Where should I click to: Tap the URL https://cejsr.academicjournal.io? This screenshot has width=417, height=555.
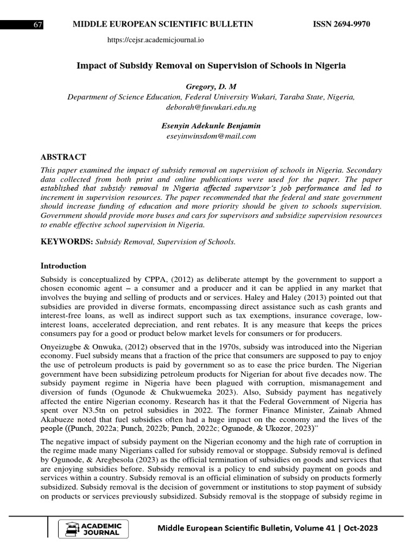156,40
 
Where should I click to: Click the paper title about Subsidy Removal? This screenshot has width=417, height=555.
211,66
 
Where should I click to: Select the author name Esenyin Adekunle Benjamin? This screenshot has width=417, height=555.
211,126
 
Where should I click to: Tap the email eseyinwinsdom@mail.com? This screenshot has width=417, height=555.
211,136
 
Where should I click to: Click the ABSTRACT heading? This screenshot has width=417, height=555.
64,157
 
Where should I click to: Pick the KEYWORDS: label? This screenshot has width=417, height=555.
67,242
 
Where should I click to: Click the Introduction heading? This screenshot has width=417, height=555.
64,266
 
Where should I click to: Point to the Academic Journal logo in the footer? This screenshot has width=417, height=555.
96,528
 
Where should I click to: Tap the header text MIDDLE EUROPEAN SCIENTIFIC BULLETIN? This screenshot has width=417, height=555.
159,25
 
